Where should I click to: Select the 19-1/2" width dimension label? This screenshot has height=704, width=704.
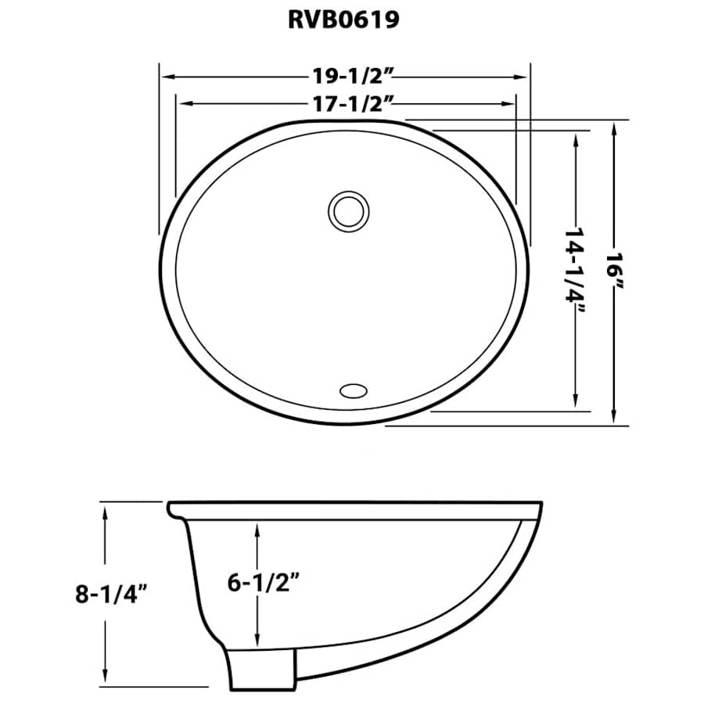[x=345, y=77]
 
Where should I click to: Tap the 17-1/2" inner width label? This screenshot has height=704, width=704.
[x=345, y=102]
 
